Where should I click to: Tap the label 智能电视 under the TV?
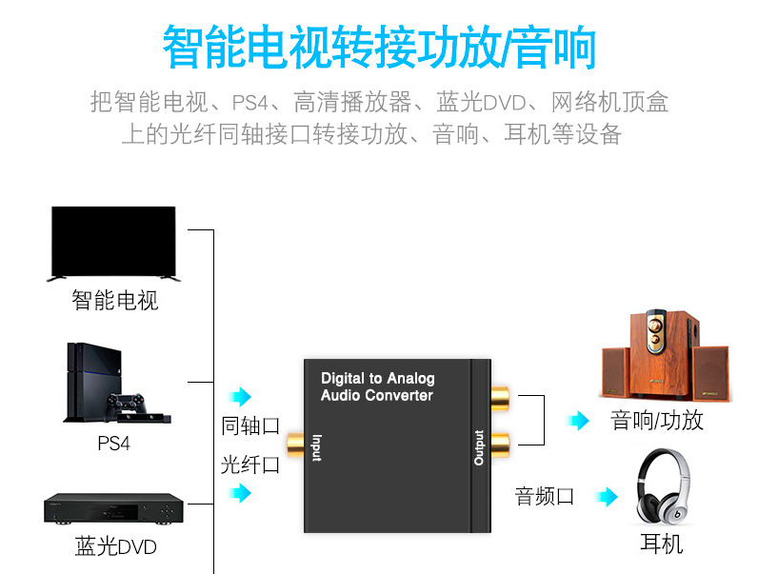(115, 301)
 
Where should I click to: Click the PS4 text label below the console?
(113, 444)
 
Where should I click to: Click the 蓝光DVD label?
(115, 547)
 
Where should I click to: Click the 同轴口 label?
(250, 426)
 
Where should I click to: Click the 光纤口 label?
(250, 465)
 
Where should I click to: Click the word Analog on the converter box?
(410, 379)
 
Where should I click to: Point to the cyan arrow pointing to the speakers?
(578, 421)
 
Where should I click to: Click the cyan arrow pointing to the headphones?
(607, 495)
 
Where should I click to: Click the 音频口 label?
(545, 495)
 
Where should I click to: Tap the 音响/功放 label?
(657, 421)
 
